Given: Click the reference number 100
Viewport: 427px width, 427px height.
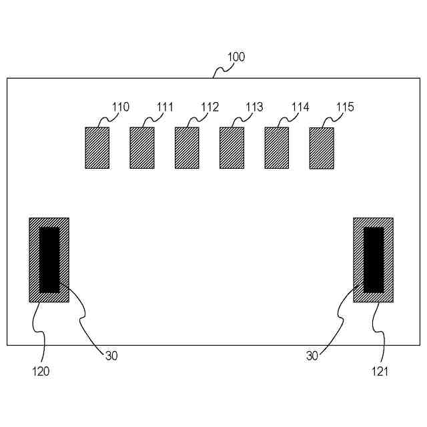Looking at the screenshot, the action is [236, 57].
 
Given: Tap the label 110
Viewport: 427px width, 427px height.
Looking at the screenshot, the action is [121, 107].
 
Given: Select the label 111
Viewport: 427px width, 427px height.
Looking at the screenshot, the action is [165, 107].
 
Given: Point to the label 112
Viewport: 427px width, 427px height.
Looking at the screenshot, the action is [210, 107].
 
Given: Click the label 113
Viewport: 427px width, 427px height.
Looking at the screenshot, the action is [254, 107].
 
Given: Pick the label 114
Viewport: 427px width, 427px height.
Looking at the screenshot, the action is [301, 107].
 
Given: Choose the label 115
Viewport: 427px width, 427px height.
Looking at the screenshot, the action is [346, 107].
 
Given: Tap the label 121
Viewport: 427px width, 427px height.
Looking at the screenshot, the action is [380, 371].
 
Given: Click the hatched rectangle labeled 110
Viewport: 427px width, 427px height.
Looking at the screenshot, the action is [97, 147].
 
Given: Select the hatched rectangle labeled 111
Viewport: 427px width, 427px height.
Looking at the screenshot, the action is [142, 147].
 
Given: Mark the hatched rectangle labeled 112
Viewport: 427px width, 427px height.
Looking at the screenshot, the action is [187, 147].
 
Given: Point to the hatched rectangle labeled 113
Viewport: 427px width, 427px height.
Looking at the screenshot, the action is [232, 147].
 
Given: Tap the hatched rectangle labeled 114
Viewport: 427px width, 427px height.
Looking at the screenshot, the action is [277, 147].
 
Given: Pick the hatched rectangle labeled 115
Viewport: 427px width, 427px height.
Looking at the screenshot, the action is [322, 148].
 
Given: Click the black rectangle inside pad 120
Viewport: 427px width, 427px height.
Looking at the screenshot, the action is [49, 260].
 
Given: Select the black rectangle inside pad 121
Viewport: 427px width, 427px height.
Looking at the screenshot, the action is [374, 260].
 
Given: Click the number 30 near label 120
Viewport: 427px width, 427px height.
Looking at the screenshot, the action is [111, 356].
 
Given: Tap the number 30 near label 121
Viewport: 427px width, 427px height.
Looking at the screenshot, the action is [312, 356].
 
